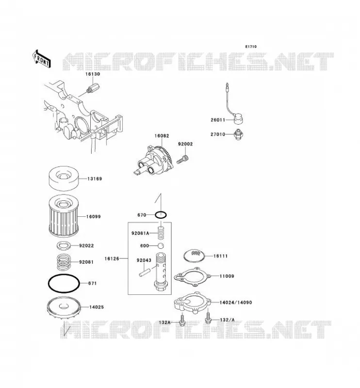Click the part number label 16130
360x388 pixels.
[x=93, y=74]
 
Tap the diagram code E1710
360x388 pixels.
[x=251, y=47]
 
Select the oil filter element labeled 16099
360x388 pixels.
[x=64, y=216]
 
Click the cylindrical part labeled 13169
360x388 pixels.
[x=64, y=178]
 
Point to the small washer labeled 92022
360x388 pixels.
[x=64, y=246]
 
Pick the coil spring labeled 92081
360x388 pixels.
[x=65, y=262]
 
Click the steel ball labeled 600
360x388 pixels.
[x=161, y=246]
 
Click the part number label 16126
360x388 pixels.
[x=112, y=259]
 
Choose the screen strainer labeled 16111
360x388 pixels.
[x=195, y=256]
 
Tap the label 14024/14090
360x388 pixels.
[x=236, y=302]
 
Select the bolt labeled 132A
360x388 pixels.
[x=182, y=320]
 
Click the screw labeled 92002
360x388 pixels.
[x=183, y=159]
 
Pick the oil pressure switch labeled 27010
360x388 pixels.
[x=238, y=135]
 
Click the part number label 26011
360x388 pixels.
[x=218, y=120]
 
